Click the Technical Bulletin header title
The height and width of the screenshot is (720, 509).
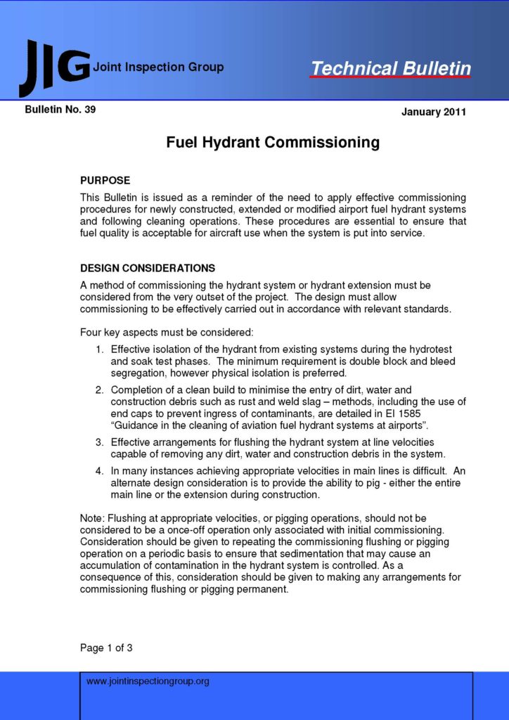(391, 68)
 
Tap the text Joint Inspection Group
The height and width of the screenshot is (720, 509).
(158, 67)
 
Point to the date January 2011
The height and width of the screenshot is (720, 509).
(433, 112)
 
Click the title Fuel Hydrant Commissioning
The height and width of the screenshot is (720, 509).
(273, 143)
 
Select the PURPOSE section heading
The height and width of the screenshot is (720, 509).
(105, 181)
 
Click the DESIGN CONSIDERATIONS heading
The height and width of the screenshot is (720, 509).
(148, 269)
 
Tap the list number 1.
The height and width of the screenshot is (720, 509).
(100, 349)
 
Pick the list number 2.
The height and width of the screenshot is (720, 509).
(100, 390)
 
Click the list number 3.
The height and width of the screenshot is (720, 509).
(100, 442)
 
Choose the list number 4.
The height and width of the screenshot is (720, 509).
(100, 470)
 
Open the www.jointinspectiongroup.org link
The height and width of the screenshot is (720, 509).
(148, 681)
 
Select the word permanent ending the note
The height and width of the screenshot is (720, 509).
(265, 589)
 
